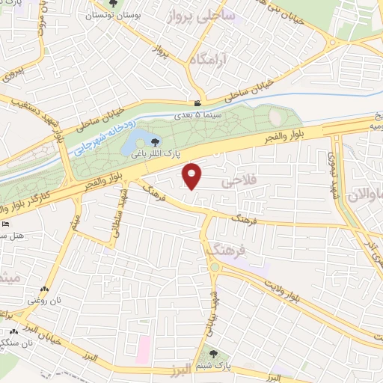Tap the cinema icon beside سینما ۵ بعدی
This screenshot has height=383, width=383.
pyautogui.click(x=197, y=103)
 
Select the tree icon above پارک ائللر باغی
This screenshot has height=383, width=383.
pyautogui.click(x=155, y=141)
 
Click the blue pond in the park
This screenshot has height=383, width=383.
pyautogui.click(x=138, y=141)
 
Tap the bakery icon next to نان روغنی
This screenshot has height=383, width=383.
pyautogui.click(x=45, y=289)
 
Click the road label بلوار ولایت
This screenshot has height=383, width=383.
pyautogui.click(x=292, y=290)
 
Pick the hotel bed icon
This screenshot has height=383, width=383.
pyautogui.click(x=7, y=223)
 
